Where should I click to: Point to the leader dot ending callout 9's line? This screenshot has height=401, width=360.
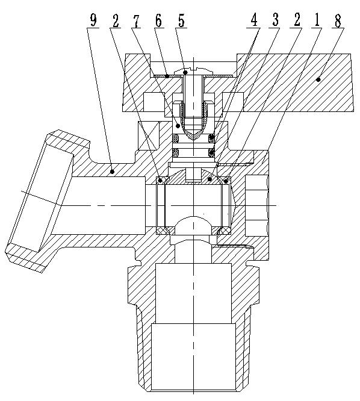(113, 172)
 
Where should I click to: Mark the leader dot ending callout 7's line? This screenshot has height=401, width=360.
(178, 125)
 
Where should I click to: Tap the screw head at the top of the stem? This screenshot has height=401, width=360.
(188, 72)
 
